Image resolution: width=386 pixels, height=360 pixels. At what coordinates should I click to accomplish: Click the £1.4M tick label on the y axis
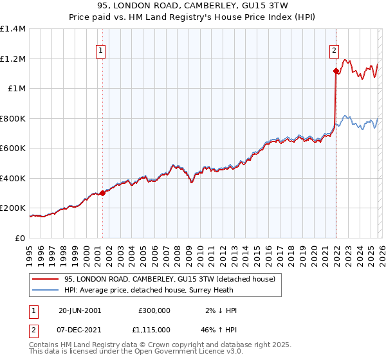pyautogui.click(x=13, y=29)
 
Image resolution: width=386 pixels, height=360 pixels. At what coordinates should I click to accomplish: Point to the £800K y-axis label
pyautogui.click(x=13, y=118)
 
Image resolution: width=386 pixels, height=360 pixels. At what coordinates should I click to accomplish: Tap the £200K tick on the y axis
pyautogui.click(x=13, y=208)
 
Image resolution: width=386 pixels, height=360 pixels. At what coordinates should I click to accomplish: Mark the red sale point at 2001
pyautogui.click(x=102, y=193)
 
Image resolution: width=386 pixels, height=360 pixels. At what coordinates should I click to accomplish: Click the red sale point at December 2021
pyautogui.click(x=336, y=71)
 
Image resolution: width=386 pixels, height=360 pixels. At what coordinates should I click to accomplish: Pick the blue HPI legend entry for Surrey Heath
pyautogui.click(x=161, y=291)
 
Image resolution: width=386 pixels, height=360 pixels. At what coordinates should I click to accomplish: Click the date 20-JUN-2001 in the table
pyautogui.click(x=80, y=310)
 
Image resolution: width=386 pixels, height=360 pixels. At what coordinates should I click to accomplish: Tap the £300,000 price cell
pyautogui.click(x=154, y=310)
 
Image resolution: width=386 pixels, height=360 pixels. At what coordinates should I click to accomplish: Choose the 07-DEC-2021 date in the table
pyautogui.click(x=80, y=328)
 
